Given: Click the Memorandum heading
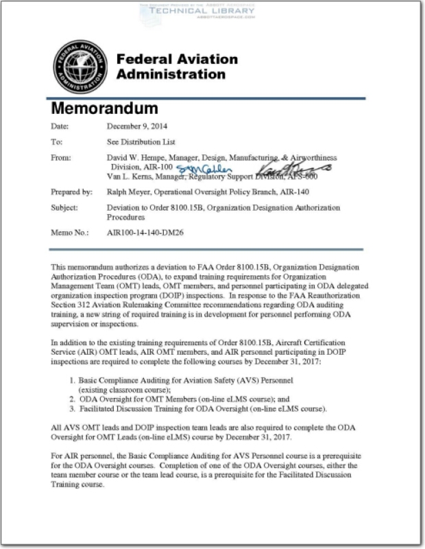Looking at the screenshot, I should tap(105, 108).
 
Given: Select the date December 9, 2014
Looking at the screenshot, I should tap(137, 126).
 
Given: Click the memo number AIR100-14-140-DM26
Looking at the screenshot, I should tap(151, 233).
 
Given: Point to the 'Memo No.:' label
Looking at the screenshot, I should tap(70, 233).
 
